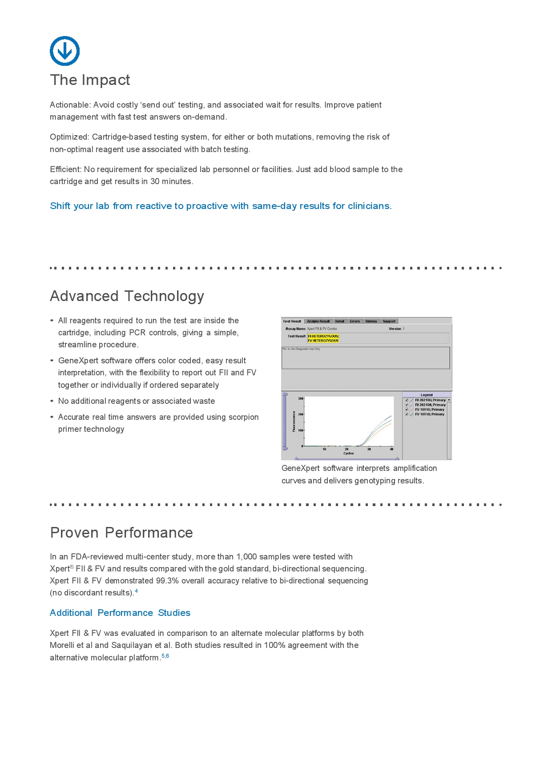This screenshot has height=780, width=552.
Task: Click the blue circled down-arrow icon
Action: (x=64, y=51)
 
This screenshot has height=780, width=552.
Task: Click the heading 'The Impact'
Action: (x=90, y=80)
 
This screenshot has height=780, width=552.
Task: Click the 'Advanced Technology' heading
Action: (x=127, y=296)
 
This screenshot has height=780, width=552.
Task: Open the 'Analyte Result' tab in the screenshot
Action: (x=318, y=321)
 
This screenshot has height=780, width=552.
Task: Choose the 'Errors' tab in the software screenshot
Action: (x=355, y=321)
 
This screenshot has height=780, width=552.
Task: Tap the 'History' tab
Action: (x=371, y=321)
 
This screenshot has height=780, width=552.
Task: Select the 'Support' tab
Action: (x=389, y=321)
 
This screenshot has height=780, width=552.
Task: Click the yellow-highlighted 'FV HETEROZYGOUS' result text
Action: (x=323, y=341)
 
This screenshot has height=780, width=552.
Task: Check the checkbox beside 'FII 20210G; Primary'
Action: (x=407, y=400)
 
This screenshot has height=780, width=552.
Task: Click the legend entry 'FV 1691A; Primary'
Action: (x=429, y=414)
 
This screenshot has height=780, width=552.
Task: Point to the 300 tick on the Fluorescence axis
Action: (x=301, y=398)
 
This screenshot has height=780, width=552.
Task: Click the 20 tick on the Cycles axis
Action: (x=347, y=449)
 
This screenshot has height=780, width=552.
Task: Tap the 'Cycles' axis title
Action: (x=348, y=453)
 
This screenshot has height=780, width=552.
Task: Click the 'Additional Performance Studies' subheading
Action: (x=120, y=613)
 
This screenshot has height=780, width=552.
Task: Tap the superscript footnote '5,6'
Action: (x=165, y=656)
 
